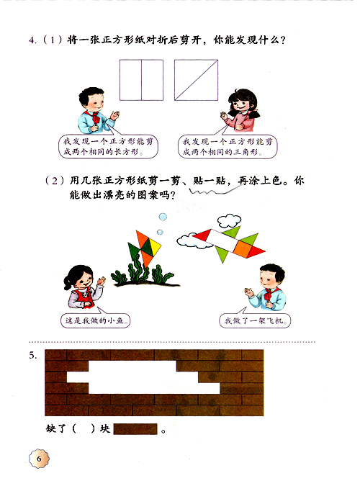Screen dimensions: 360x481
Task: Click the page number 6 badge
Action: (x=39, y=459)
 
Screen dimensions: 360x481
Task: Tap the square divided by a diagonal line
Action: (x=197, y=80)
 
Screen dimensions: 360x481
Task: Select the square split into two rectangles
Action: (x=141, y=80)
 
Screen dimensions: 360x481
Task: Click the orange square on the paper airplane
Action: (x=243, y=248)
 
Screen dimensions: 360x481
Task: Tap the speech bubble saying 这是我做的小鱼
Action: (x=95, y=320)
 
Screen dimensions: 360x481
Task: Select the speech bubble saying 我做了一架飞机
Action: (x=255, y=321)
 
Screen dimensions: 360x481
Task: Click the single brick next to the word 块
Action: (x=135, y=429)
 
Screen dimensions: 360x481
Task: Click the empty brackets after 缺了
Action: (x=84, y=428)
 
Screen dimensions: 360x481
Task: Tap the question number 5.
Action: (x=33, y=356)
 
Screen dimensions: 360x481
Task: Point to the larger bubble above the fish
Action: (x=163, y=217)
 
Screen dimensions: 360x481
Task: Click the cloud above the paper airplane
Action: (x=229, y=220)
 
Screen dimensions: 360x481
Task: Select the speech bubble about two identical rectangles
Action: (x=108, y=147)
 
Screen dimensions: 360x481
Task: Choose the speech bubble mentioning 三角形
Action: (x=228, y=147)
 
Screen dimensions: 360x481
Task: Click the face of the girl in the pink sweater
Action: (x=238, y=106)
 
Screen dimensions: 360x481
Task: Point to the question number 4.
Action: (x=32, y=40)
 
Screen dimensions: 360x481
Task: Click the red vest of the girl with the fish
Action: (x=84, y=297)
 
